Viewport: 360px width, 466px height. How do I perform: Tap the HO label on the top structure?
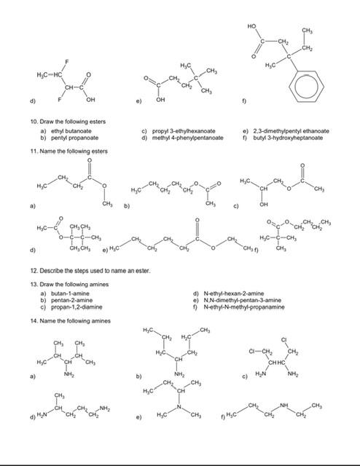tap(251, 25)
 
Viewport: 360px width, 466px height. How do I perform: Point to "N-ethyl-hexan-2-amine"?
tap(234, 314)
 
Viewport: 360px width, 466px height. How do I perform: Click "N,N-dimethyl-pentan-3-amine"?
tap(242, 320)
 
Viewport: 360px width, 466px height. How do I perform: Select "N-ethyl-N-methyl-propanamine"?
tap(244, 327)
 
